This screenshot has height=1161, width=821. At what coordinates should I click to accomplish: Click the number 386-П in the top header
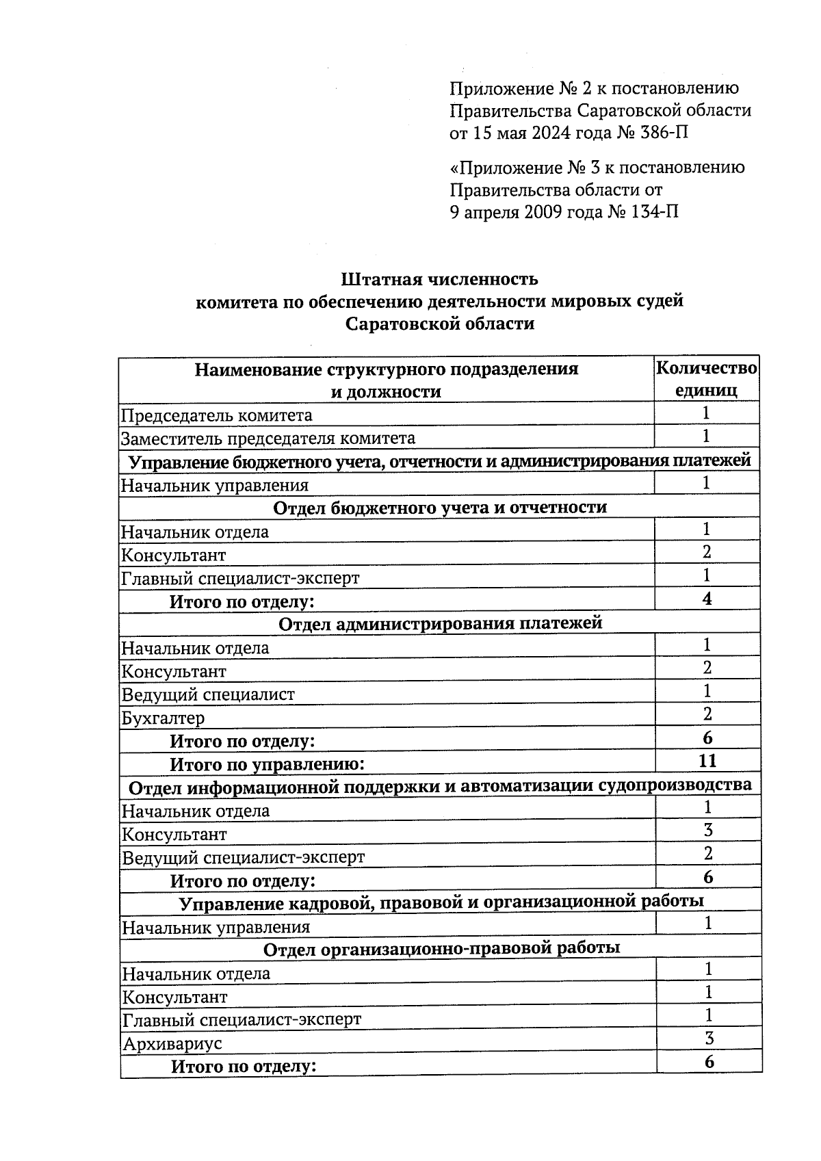(664, 133)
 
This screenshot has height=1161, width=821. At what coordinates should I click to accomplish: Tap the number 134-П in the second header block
(655, 212)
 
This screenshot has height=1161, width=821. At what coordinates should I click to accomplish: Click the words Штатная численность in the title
(439, 279)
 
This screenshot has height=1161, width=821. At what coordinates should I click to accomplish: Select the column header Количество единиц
(706, 379)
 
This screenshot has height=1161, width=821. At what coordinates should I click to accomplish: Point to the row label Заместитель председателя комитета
(268, 439)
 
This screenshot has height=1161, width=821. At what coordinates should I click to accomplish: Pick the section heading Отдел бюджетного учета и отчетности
(439, 508)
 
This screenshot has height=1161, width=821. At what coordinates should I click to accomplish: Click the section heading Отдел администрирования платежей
(441, 624)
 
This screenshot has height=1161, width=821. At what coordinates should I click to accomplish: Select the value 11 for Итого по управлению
(707, 761)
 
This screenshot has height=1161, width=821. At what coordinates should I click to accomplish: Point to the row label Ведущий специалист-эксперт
(243, 857)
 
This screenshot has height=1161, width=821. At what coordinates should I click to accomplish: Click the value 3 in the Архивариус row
(709, 1039)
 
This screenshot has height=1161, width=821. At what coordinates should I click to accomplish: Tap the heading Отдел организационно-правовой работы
(441, 949)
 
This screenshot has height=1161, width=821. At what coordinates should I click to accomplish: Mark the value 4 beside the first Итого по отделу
(707, 599)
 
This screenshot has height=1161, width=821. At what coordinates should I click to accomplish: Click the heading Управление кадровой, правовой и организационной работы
(441, 902)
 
